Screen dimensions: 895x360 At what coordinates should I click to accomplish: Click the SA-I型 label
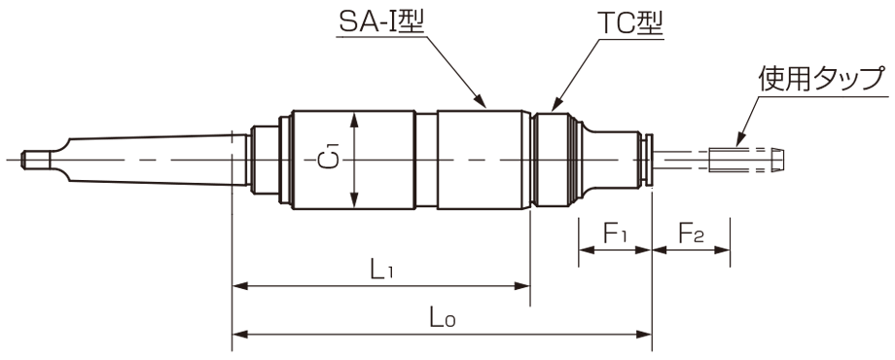tap(380, 22)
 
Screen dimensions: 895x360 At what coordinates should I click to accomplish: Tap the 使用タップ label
tap(822, 79)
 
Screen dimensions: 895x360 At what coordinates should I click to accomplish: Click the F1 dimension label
tap(615, 233)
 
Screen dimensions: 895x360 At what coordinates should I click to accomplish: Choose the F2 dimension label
tap(691, 233)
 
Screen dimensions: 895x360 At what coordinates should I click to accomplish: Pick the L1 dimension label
tap(382, 270)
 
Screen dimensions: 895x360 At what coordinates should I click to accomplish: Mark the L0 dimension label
tap(443, 318)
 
